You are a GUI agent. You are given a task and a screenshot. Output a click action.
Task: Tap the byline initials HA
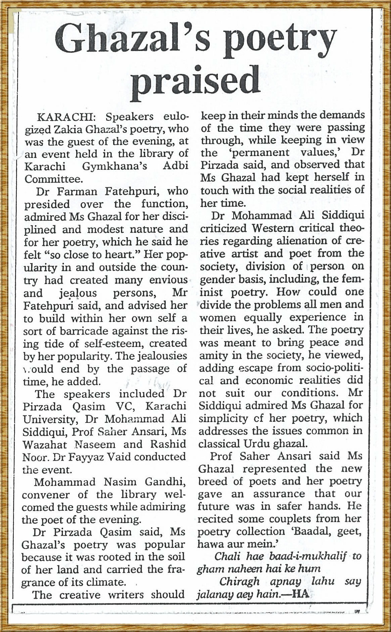(x=300, y=594)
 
